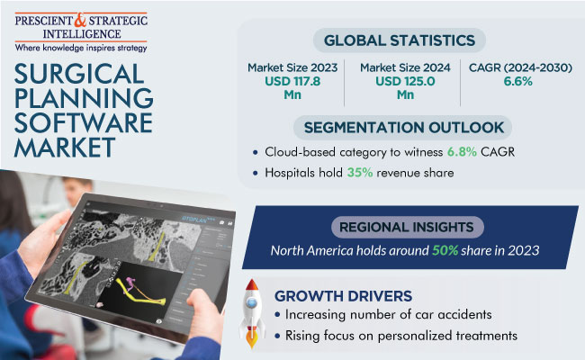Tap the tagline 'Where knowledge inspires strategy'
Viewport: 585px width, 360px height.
80,48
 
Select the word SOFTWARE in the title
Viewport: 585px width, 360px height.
83,122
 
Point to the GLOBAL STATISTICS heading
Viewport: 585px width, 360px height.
400,40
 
